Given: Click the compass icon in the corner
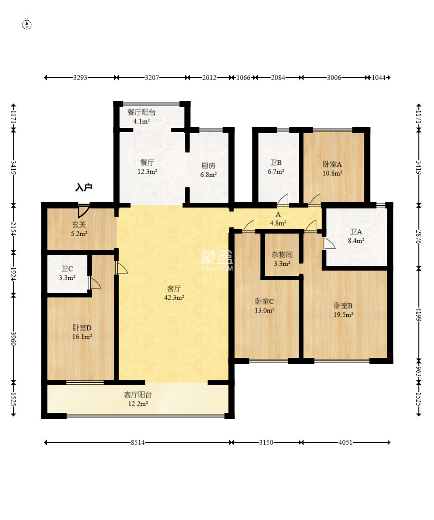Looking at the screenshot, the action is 27,24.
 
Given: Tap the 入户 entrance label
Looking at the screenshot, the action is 84,188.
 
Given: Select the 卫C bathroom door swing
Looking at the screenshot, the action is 95,283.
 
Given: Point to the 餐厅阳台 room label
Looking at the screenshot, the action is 141,112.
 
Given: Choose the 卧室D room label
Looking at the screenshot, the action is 82,328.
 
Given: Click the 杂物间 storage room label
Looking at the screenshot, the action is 282,255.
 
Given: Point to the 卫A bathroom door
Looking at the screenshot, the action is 329,243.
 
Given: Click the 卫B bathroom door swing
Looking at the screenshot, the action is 282,199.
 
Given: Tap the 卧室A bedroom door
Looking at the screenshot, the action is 315,199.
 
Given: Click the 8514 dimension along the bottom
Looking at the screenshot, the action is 137,442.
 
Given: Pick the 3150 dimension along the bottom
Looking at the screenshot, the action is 266,442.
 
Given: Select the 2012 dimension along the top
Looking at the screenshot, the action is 210,78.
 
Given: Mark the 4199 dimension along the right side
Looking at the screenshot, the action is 419,314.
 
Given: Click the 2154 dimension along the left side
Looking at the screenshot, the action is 13,229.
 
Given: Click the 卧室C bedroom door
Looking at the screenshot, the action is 249,226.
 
